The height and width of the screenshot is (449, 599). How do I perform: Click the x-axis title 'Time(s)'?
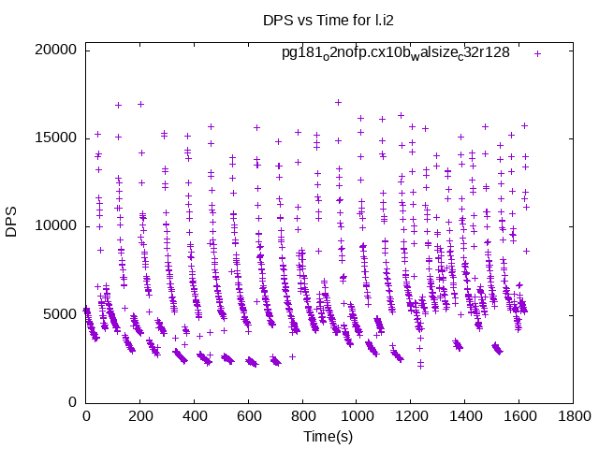point(329,436)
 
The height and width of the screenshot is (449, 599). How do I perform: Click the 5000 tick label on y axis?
point(58,314)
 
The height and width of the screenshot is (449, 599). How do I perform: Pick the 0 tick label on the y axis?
point(71,402)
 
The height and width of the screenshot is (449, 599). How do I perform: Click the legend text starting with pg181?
point(396,53)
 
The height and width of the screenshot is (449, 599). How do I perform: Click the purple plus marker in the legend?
point(537,53)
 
